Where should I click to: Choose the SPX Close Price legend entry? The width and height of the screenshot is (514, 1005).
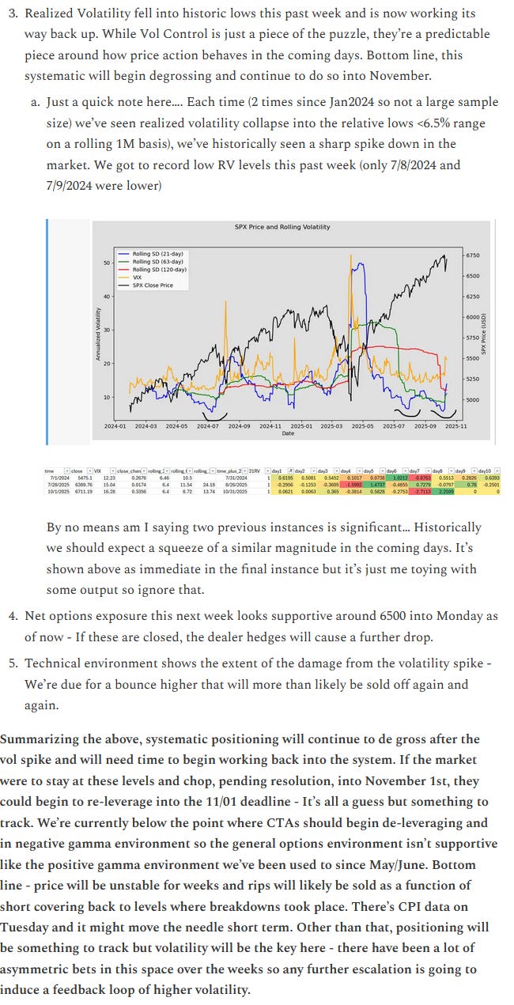158,285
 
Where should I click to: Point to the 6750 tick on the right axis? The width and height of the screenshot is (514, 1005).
472,255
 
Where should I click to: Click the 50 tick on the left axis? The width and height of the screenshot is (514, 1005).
106,263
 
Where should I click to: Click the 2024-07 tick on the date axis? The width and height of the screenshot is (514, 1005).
207,425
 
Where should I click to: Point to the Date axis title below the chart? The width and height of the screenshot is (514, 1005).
288,433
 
